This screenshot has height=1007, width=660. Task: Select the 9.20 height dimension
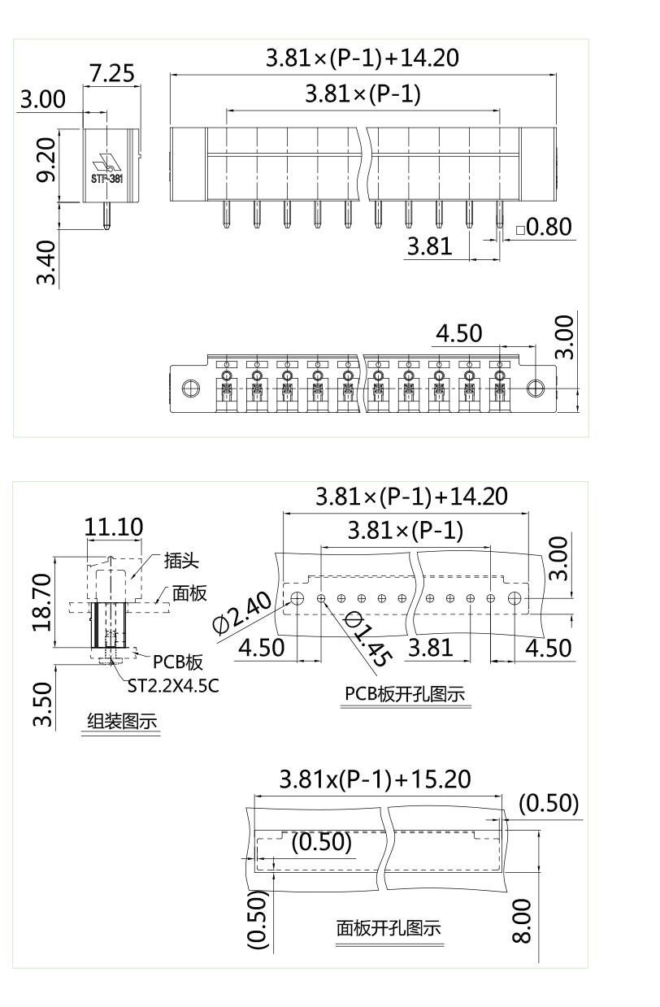[x=48, y=160]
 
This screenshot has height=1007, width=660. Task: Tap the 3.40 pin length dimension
[x=48, y=262]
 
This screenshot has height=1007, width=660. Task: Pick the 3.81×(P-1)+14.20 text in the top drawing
[x=363, y=59]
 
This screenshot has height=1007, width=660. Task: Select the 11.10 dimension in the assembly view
[x=114, y=527]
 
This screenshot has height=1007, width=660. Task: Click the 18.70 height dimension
[x=41, y=602]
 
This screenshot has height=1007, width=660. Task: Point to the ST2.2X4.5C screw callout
[x=173, y=685]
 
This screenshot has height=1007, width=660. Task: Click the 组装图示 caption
[x=122, y=722]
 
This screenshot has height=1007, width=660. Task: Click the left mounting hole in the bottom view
[x=190, y=387]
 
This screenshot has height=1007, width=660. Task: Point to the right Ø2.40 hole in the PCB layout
[x=515, y=599]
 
